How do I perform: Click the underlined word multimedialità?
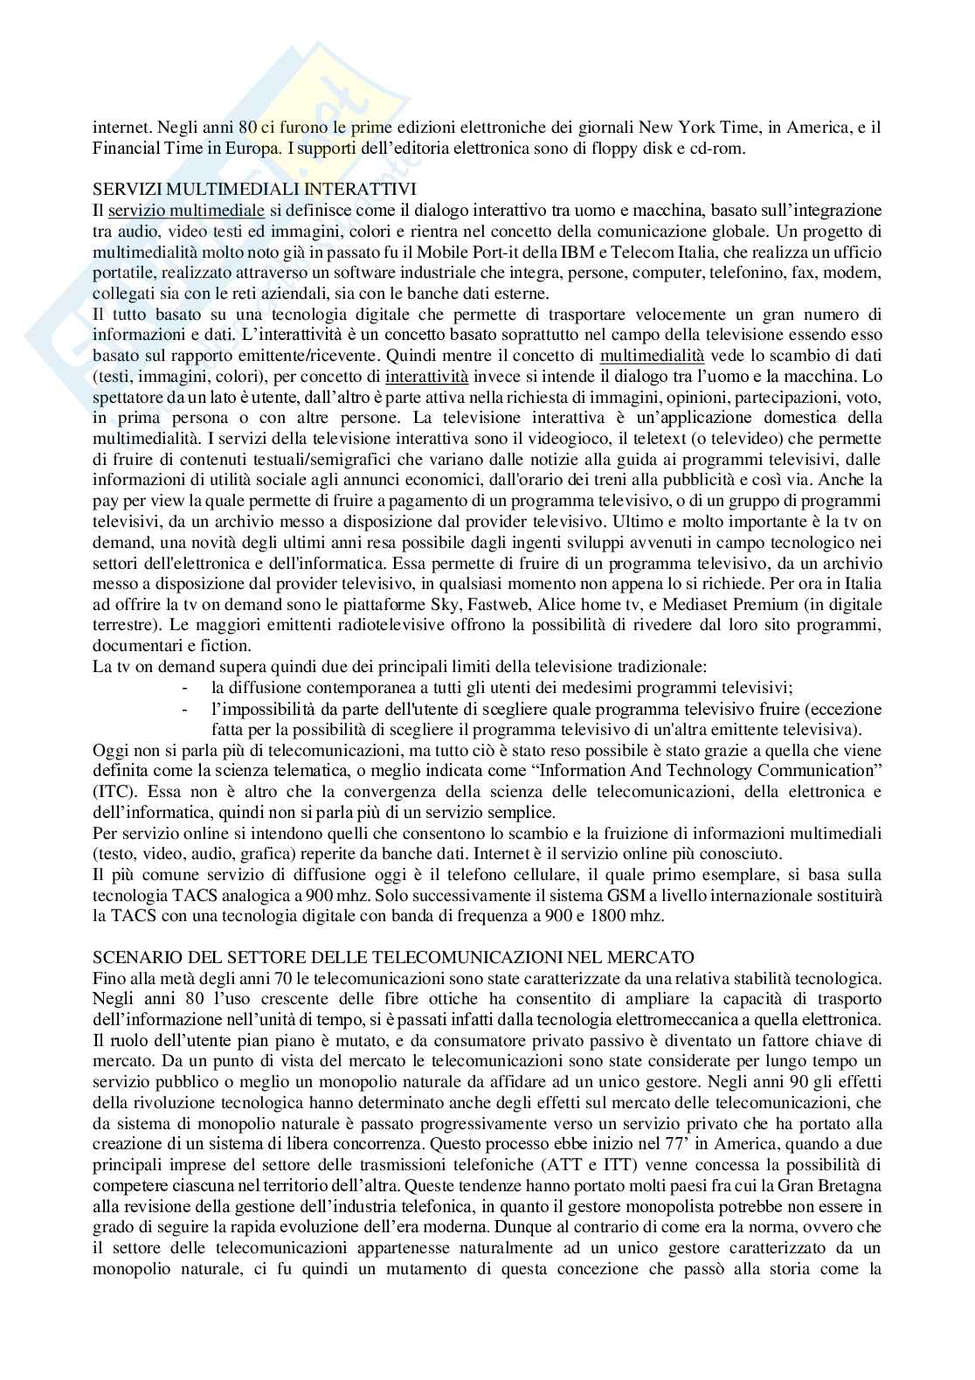(x=652, y=355)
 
